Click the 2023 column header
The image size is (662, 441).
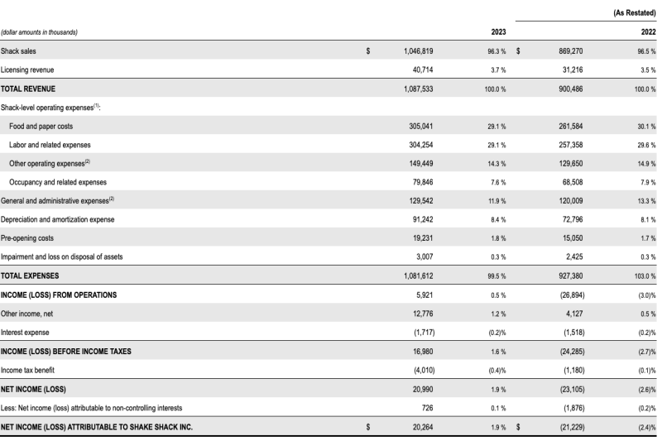click(x=498, y=32)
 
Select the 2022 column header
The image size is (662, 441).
click(x=648, y=32)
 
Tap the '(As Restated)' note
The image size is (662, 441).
click(x=634, y=13)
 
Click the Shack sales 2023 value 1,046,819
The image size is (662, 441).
click(x=418, y=51)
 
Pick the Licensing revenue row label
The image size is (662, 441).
click(x=27, y=70)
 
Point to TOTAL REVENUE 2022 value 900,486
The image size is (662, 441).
click(x=570, y=89)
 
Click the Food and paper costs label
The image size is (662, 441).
click(x=41, y=127)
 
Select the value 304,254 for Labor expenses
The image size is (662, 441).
click(x=420, y=145)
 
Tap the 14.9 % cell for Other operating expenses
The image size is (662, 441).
click(x=646, y=164)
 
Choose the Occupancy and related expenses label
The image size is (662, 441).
click(x=58, y=182)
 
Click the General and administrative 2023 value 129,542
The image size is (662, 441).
click(x=420, y=201)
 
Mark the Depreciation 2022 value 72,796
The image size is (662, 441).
click(x=573, y=219)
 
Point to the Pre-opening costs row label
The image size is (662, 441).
click(x=27, y=238)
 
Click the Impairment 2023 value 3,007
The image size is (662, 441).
click(x=425, y=256)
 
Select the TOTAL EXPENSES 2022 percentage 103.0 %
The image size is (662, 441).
click(x=645, y=276)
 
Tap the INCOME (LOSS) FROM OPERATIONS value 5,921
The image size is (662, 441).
click(x=425, y=295)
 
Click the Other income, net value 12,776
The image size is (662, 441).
click(x=423, y=314)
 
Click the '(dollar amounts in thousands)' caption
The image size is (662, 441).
click(x=39, y=32)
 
